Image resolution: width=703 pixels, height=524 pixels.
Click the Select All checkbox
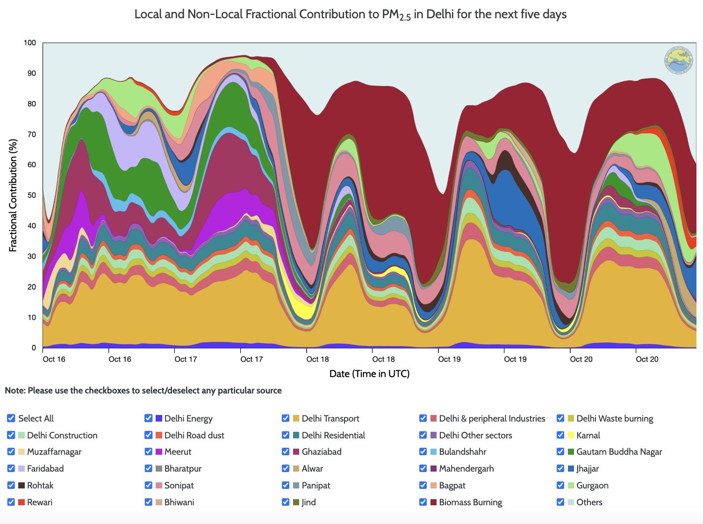[11, 418]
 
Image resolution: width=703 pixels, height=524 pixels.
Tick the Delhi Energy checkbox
[148, 418]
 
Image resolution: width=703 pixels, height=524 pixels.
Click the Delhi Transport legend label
[330, 419]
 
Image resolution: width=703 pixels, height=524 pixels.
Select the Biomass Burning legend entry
[470, 502]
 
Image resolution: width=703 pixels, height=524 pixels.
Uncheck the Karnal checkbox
[560, 435]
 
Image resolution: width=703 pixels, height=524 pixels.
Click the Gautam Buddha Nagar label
[619, 452]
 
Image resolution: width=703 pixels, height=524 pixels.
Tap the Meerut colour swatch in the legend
[159, 452]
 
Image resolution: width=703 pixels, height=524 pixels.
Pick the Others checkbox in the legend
[560, 502]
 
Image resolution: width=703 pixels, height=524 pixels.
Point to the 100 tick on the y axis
[30, 43]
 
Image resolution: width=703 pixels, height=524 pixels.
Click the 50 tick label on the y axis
[32, 196]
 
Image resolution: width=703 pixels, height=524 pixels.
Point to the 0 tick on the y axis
[34, 348]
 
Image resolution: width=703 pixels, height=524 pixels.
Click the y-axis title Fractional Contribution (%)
[13, 196]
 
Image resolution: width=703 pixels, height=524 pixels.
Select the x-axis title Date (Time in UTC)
[369, 374]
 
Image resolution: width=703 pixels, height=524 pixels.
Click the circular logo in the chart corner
[678, 60]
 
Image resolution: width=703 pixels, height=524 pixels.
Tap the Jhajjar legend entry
[588, 469]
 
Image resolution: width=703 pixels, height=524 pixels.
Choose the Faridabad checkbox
[11, 468]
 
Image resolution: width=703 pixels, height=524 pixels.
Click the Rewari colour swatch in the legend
[22, 502]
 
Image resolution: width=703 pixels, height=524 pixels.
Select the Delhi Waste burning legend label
[615, 419]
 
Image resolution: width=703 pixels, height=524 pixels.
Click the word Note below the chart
[14, 391]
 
